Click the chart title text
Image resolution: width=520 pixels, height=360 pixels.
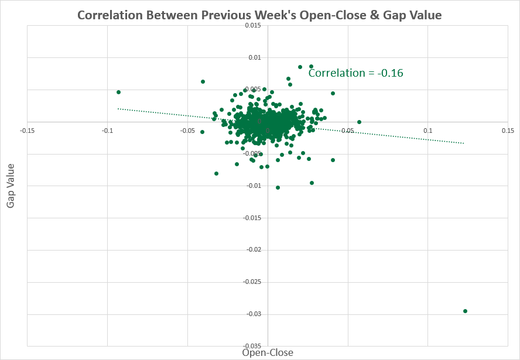pos(260,14)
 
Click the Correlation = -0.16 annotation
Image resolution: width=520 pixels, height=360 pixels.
pos(355,73)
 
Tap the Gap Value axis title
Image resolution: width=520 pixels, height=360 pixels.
pos(11,185)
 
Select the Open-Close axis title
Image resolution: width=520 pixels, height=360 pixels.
pos(268,352)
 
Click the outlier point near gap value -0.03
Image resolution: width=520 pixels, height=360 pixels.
pos(465,311)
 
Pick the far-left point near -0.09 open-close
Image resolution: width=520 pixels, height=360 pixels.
pos(118,92)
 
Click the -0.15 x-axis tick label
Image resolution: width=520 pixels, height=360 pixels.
pos(27,130)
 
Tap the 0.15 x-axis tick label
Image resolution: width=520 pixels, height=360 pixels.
pos(508,130)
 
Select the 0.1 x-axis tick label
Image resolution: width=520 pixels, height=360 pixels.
pos(428,130)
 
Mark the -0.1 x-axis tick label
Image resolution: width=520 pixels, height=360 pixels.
pos(107,130)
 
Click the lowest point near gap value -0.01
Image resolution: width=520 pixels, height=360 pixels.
pos(278,187)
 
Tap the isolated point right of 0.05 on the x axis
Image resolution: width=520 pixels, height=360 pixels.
pos(359,122)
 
